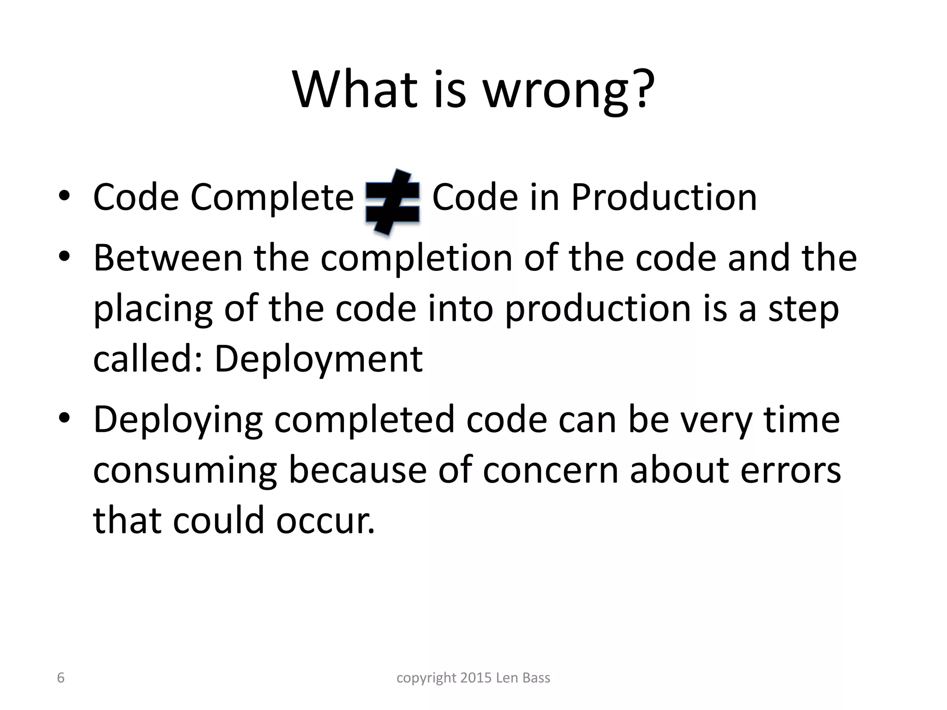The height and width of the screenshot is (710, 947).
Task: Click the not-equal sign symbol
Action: point(393,202)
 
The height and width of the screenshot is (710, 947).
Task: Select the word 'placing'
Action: point(153,310)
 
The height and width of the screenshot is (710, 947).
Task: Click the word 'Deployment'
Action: point(319,360)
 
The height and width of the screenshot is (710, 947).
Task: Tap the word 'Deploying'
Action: point(178,420)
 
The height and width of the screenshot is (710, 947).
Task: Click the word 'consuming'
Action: point(185,471)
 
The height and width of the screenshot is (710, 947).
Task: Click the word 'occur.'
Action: point(326,520)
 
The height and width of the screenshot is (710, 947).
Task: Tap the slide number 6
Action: point(61,678)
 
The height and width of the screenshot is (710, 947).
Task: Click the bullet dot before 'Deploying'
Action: point(64,418)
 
